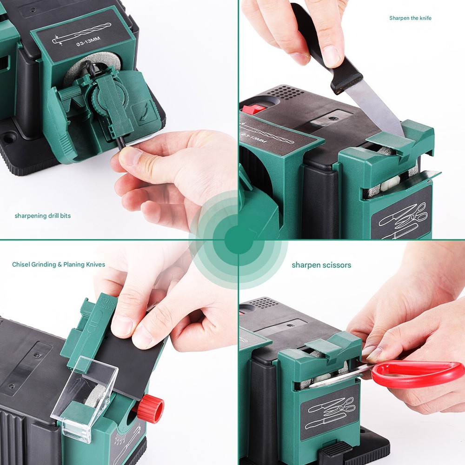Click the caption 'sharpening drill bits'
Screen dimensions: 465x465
[43, 216]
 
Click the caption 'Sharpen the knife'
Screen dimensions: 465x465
[411, 18]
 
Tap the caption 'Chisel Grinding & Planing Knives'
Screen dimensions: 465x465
[59, 265]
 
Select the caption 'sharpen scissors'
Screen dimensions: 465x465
[321, 265]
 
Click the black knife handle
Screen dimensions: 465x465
[325, 51]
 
